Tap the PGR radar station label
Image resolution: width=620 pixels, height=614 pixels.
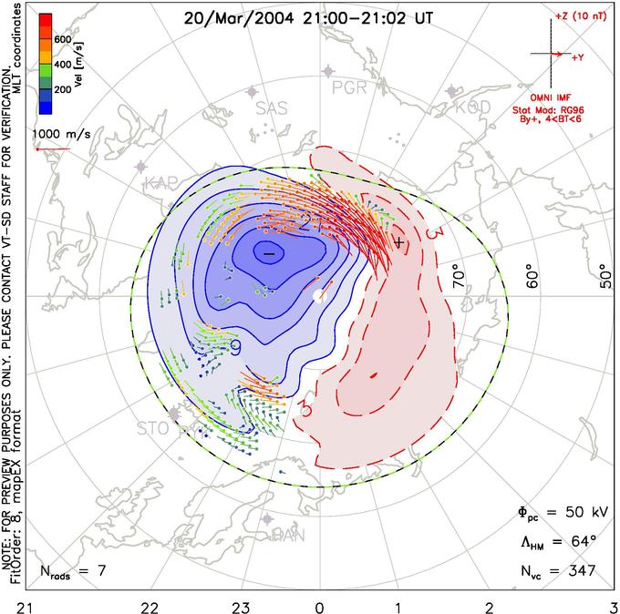[x=348, y=87]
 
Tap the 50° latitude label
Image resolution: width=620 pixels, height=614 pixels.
[x=605, y=272]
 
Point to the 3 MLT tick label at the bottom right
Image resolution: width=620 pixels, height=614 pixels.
[x=612, y=605]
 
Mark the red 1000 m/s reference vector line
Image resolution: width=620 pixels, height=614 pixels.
[x=52, y=148]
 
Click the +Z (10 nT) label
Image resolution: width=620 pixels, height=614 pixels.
[x=578, y=17]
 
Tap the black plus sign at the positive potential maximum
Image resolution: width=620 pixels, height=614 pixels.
[x=398, y=242]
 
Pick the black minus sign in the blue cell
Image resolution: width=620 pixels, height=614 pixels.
[x=268, y=251]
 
